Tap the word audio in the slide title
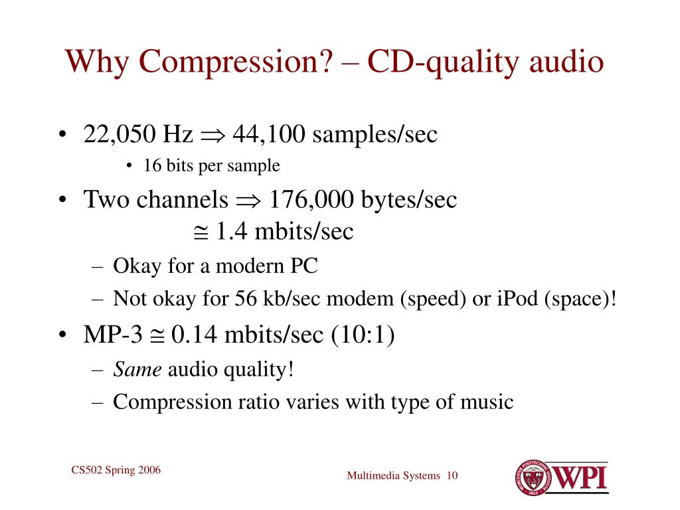coord(566,62)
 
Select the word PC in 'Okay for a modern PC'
coord(303,266)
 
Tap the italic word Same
coord(137,369)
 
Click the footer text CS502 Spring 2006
coord(116,471)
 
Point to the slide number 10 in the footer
coord(453,475)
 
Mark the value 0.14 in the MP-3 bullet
coord(194,335)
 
